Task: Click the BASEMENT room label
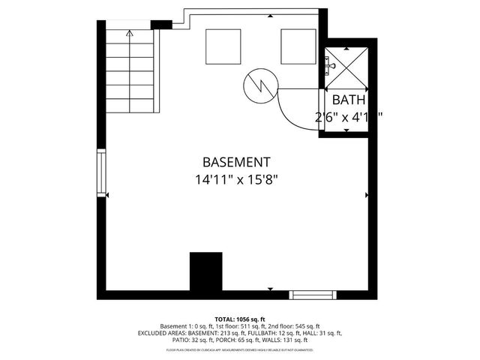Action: (x=236, y=162)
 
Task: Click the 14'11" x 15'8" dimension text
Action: (x=236, y=180)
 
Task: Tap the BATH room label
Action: (x=349, y=100)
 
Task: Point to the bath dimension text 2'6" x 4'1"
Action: (x=349, y=116)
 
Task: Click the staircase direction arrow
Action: (x=130, y=34)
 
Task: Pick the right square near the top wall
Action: (x=299, y=46)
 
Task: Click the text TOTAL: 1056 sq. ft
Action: (x=240, y=319)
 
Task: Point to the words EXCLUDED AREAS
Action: (x=160, y=333)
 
